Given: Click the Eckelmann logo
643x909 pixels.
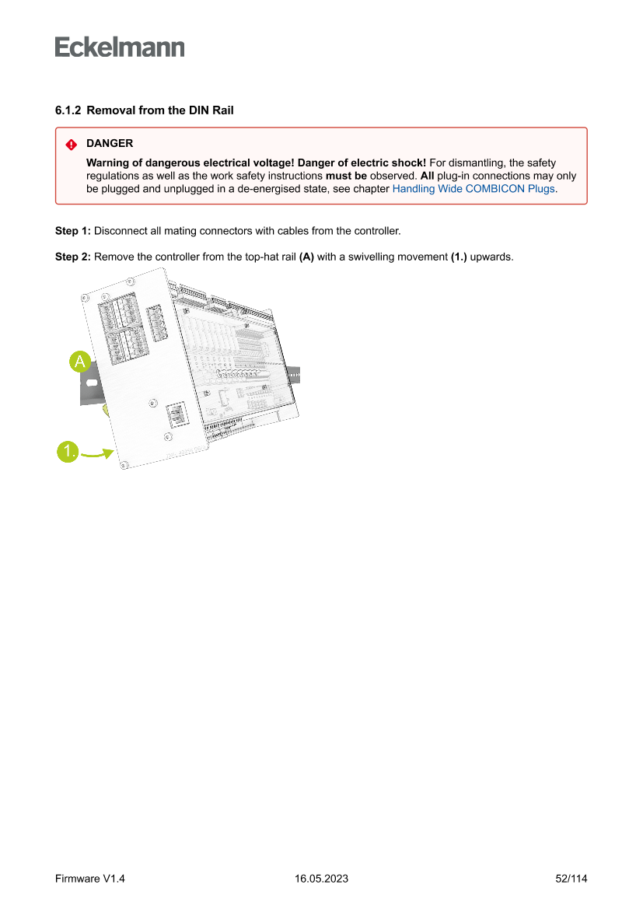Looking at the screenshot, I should [120, 47].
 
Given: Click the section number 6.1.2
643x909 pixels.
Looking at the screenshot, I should [68, 110].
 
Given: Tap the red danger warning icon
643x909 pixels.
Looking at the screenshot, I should [71, 145].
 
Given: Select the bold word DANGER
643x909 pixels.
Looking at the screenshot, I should [110, 144].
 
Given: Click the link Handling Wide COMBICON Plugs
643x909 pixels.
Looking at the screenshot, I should [474, 189].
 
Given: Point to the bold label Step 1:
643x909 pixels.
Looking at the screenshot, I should [72, 232].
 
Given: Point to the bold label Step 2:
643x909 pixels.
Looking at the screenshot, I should [72, 257].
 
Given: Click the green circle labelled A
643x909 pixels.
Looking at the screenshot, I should [80, 362].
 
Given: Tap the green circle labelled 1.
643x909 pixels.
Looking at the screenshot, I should [68, 451].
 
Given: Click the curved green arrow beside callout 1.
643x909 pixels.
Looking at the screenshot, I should [97, 454].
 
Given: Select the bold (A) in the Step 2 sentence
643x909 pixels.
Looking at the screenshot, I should [306, 257].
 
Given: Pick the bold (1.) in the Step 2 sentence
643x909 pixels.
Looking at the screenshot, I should [459, 257].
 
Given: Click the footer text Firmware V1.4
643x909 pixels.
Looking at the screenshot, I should [90, 879].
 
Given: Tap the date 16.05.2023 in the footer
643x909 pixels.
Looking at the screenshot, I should [321, 879].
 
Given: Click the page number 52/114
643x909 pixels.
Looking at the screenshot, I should [571, 879].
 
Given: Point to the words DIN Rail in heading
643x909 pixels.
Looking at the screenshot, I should [211, 110].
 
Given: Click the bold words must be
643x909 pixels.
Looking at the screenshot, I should [346, 176].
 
